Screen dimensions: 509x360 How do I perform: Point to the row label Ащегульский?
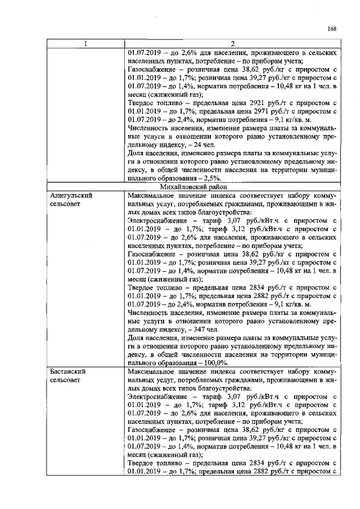pos(71,195)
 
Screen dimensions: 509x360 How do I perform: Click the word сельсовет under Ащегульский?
pos(67,204)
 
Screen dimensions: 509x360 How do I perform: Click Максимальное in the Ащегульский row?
pos(152,195)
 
